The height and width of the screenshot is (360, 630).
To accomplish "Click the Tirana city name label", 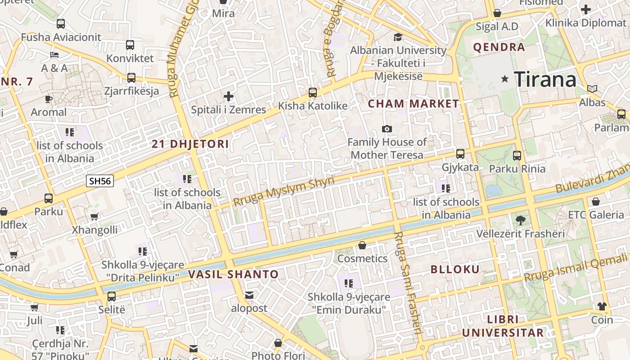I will point(545,80).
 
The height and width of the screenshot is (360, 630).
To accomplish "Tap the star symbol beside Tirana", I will point(505,79).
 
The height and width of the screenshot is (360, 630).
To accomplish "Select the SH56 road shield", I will point(100,181).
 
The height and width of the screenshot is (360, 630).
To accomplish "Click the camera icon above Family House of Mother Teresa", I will point(387,129).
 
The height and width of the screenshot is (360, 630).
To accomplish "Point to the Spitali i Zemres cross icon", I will point(229,96).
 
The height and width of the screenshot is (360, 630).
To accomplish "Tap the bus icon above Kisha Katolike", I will point(313,93).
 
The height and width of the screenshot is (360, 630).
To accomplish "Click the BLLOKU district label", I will point(455,270).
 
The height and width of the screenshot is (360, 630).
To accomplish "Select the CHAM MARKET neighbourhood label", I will point(414,104).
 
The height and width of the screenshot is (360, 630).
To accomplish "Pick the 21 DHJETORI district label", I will point(190,144).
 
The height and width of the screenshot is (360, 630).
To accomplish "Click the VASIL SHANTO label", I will point(234,274).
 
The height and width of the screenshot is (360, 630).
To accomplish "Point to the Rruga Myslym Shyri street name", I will point(284,192).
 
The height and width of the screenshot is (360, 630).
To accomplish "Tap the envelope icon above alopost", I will point(249,295).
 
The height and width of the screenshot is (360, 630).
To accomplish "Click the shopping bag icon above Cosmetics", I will point(362,245).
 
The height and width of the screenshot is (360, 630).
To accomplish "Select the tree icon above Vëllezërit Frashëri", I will point(521,220).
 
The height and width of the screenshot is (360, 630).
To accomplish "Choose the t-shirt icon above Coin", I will point(602,306).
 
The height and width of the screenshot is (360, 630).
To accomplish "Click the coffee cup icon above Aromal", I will point(49,99).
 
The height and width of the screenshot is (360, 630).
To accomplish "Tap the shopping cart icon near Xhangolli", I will point(94,217).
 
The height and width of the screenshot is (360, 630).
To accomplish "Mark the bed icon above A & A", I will point(54,55).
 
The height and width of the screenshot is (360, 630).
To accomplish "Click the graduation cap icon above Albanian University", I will point(398,37).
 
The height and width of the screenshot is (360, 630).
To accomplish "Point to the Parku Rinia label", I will point(517,169).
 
